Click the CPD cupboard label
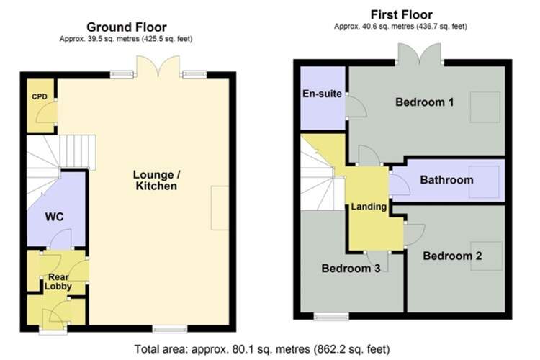40,96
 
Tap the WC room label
54,217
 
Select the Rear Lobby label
58,282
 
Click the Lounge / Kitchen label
156,180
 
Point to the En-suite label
322,94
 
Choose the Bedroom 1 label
424,102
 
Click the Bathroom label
446,180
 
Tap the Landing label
369,207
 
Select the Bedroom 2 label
452,256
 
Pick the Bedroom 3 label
351,268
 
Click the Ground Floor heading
127,27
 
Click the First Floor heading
402,15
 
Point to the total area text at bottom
262,349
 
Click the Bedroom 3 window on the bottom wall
331,316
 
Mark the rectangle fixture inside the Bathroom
484,182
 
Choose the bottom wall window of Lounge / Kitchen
170,329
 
